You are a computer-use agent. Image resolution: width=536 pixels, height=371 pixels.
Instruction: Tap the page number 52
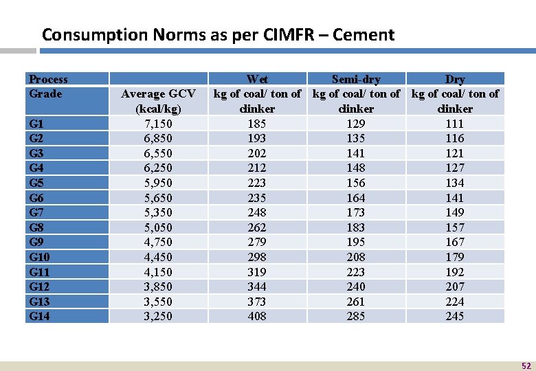(x=526, y=366)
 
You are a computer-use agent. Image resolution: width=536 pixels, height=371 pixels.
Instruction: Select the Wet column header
(x=257, y=79)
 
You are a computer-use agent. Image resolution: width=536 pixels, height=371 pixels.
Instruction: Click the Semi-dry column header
(x=356, y=79)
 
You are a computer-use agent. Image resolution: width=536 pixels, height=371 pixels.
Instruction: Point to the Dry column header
(x=455, y=79)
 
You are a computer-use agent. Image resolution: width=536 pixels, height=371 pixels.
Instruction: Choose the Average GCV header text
(x=158, y=93)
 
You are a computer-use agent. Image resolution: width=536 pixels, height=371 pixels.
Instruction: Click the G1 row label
(x=37, y=124)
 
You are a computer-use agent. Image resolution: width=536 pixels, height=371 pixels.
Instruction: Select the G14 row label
(x=40, y=316)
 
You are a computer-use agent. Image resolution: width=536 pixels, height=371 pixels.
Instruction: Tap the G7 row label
(x=37, y=212)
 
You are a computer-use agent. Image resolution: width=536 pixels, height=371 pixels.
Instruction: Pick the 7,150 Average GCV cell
(x=158, y=124)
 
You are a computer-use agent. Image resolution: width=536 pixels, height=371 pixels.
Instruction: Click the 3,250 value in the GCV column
(x=158, y=316)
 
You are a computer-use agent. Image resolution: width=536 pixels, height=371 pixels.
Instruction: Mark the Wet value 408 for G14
(x=257, y=316)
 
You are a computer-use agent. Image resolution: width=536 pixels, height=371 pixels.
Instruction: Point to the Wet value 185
(x=257, y=124)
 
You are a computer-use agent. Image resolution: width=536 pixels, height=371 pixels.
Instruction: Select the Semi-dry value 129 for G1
(x=356, y=124)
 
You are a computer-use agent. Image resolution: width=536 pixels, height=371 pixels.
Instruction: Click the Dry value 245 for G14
(x=455, y=316)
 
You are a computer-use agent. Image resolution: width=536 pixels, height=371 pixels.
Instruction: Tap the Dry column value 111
(x=455, y=124)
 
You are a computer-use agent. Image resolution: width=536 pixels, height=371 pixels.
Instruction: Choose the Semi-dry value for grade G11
(x=356, y=272)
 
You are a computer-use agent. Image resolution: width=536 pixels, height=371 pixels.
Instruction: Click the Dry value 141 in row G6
(x=455, y=198)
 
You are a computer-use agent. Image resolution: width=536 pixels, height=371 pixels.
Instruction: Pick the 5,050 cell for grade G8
(x=158, y=227)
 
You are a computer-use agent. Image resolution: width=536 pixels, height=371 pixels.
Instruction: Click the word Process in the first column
(x=48, y=79)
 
